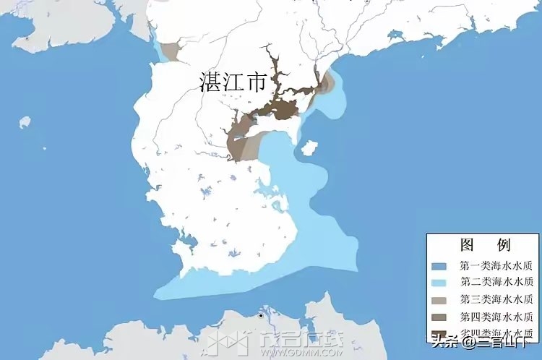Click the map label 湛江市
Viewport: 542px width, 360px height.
click(233, 81)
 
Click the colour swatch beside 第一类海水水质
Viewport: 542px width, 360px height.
click(443, 265)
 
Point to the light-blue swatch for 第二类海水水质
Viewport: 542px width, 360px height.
click(443, 282)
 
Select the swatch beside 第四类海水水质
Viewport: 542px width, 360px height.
click(443, 317)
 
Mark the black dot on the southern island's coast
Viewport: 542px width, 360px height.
click(260, 315)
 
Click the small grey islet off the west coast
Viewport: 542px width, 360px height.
click(24, 121)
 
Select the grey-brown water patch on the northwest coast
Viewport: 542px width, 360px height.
click(171, 51)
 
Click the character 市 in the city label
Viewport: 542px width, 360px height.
click(256, 81)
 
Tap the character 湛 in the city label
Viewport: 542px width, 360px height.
click(210, 81)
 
